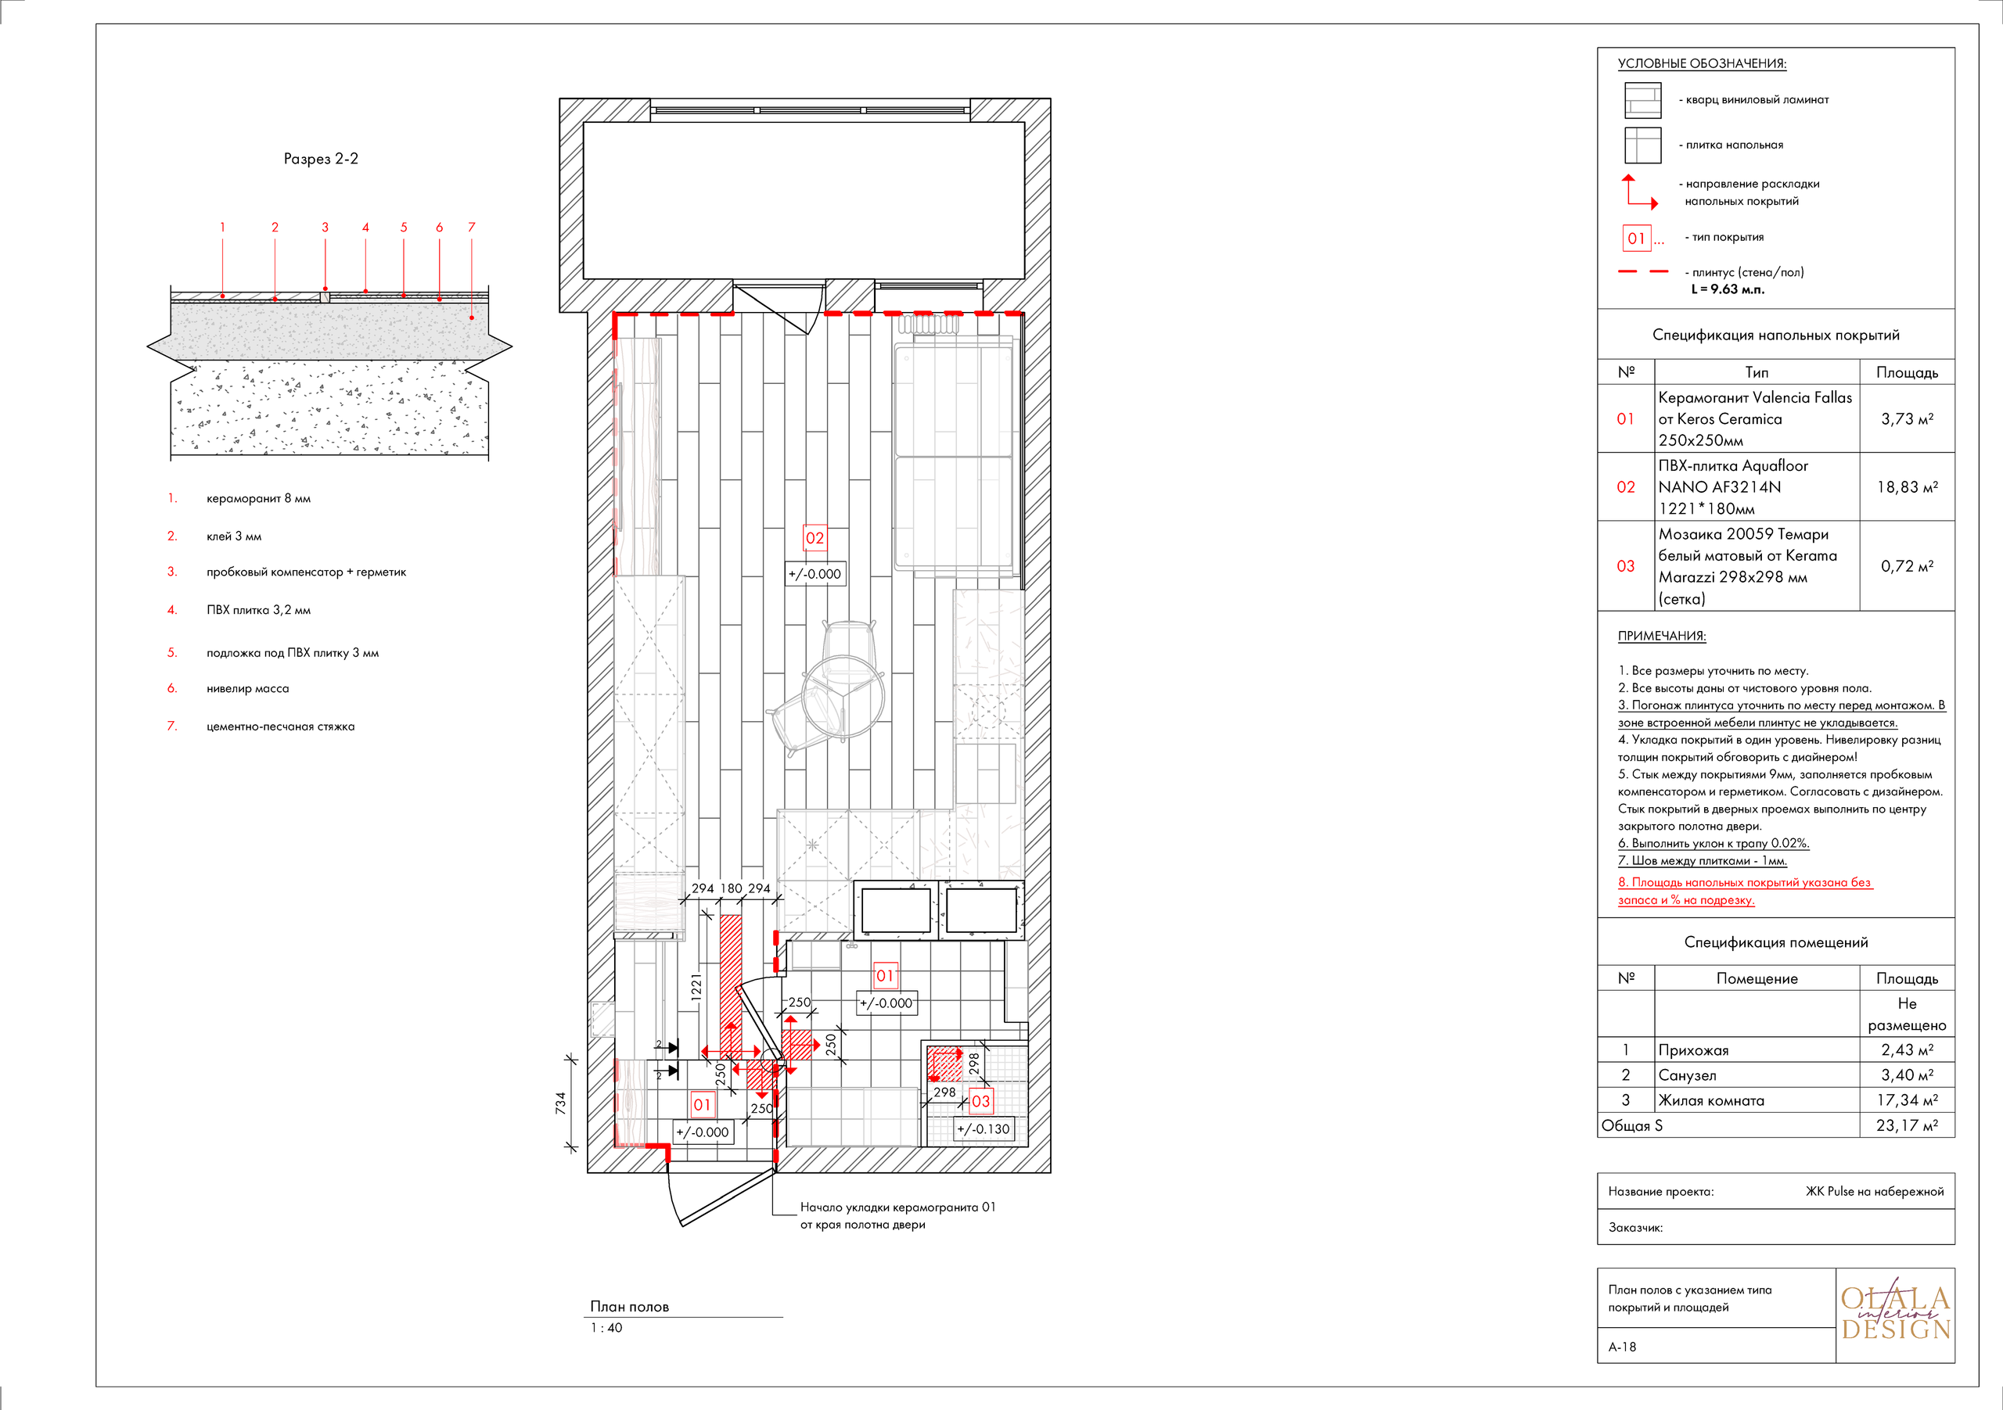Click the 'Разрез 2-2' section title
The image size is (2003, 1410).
tap(320, 159)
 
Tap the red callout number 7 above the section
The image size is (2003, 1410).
tap(471, 228)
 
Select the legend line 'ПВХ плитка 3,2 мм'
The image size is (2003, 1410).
tap(258, 609)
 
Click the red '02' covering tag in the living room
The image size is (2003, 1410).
tap(814, 538)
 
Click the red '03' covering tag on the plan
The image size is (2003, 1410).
tap(980, 1101)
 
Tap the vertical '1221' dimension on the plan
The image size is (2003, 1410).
tap(696, 986)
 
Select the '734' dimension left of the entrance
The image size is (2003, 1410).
tap(561, 1103)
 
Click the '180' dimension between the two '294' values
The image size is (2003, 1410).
tap(731, 888)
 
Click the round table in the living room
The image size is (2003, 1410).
tap(843, 696)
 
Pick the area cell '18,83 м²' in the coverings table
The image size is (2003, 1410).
tap(1907, 487)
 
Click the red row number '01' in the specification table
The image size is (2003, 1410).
tap(1625, 418)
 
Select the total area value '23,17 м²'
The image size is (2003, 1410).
tap(1907, 1126)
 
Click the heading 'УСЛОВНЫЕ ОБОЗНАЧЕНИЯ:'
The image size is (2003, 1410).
tap(1701, 63)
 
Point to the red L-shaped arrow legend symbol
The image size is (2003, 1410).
tap(1638, 192)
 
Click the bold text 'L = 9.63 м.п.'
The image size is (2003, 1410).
tap(1728, 289)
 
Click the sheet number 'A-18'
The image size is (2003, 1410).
tap(1622, 1347)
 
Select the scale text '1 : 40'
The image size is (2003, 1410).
tap(606, 1327)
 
